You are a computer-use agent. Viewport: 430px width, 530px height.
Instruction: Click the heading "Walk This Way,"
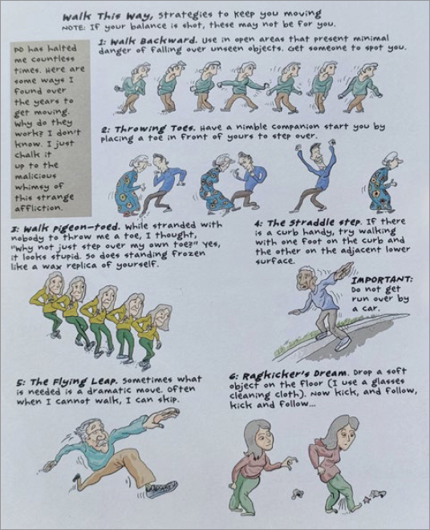point(109,15)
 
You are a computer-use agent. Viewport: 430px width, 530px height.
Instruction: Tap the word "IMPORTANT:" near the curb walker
point(382,280)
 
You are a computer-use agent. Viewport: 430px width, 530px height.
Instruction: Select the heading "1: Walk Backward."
point(147,41)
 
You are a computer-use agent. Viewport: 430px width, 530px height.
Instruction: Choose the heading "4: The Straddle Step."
point(308,224)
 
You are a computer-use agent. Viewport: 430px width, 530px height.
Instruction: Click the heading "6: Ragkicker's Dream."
point(288,375)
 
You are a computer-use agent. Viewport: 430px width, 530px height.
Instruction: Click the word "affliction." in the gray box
point(39,207)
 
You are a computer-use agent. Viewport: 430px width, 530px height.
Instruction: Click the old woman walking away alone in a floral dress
point(383,182)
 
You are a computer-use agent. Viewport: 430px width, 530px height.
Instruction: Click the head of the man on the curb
point(306,278)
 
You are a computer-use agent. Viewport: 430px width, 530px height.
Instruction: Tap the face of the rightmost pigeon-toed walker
point(160,318)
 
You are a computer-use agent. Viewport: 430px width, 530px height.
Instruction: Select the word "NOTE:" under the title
point(74,27)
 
